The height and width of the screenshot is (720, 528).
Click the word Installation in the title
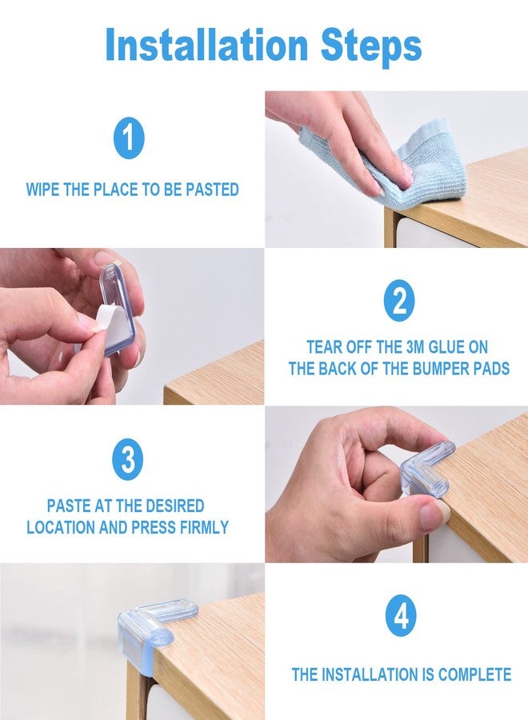click(206, 45)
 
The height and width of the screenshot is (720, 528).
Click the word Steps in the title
click(371, 47)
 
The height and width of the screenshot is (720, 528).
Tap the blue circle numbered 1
click(129, 138)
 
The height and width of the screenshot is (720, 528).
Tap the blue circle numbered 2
click(399, 300)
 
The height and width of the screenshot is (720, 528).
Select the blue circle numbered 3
click(128, 459)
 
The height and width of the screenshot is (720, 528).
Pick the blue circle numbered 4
click(401, 616)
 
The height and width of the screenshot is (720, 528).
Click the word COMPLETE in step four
click(474, 674)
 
